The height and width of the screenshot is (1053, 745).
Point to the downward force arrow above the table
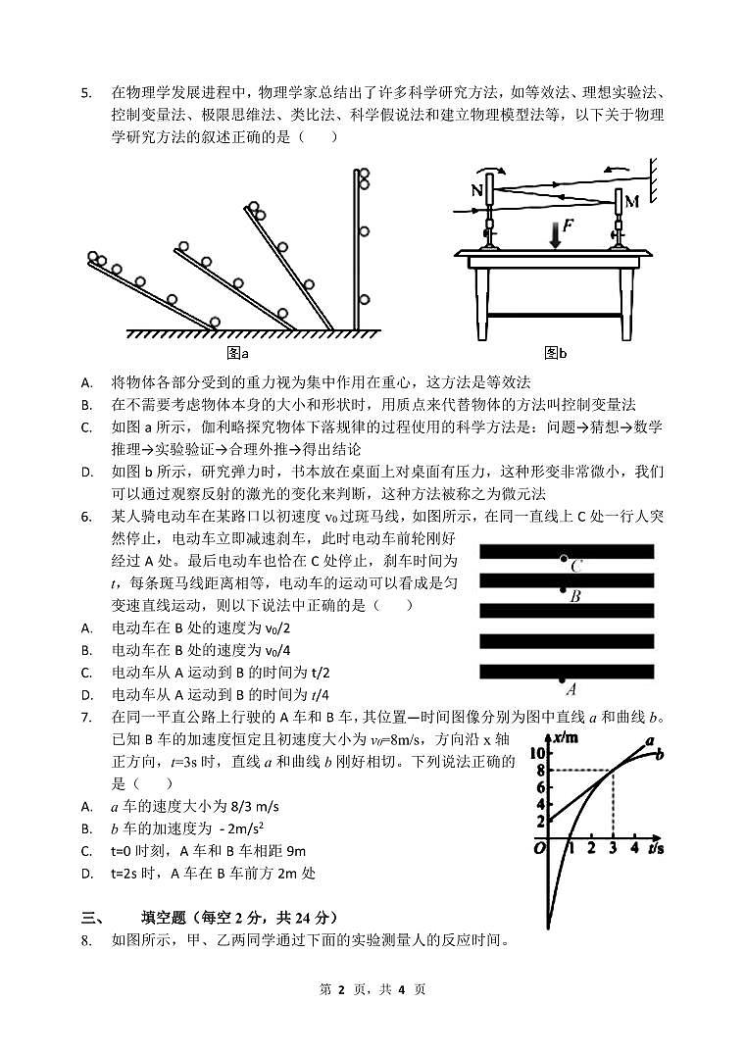(555, 234)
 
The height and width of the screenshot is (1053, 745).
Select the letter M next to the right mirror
(631, 202)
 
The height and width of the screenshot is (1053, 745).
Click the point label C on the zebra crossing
(576, 566)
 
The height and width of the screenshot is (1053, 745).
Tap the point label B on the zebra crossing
(575, 595)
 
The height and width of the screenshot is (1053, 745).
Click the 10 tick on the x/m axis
(536, 753)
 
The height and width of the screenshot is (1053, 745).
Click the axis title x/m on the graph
(565, 737)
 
